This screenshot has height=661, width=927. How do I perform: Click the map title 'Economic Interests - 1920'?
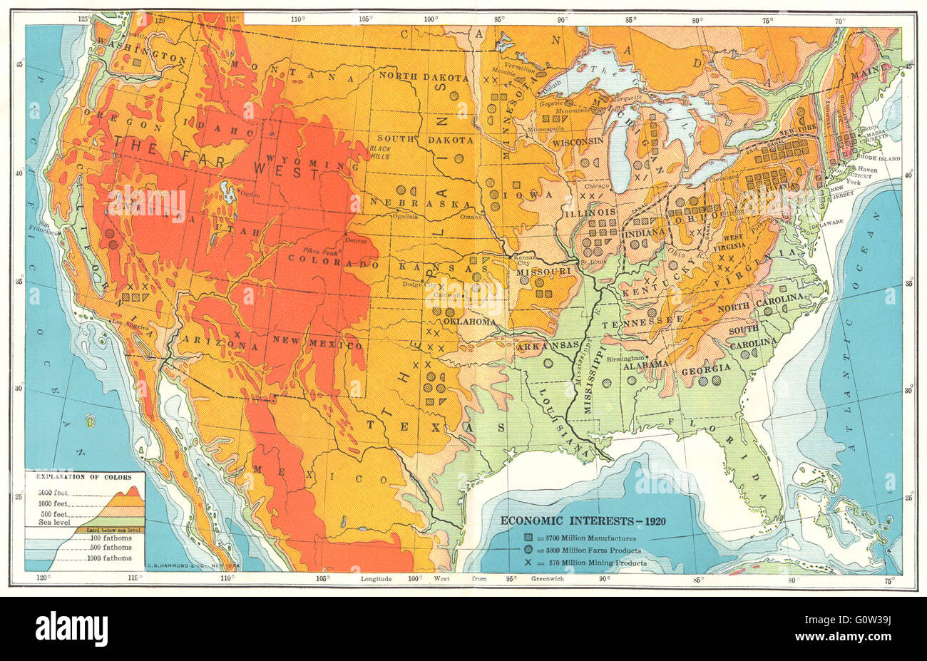pos(583,520)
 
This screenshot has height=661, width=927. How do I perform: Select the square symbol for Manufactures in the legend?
pos(528,537)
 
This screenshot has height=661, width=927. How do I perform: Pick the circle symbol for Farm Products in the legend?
pos(528,550)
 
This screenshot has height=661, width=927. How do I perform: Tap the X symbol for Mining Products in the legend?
pos(528,563)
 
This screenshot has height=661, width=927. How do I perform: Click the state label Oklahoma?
pos(469,322)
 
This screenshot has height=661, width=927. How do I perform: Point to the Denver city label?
pos(356,241)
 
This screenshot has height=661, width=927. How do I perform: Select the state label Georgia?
pos(706,367)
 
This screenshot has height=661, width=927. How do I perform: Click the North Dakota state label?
pos(424,77)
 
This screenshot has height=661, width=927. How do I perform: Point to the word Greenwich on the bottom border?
pos(547,579)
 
